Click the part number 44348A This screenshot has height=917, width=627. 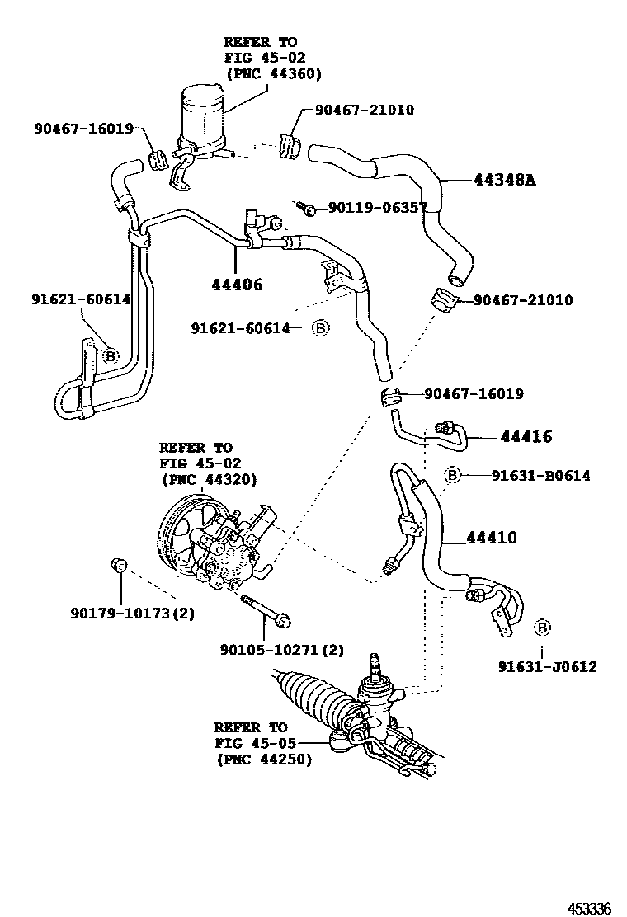pos(503,180)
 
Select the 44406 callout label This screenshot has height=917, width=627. pos(236,285)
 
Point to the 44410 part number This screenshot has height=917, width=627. pos(492,538)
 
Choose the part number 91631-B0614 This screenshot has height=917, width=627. pos(540,476)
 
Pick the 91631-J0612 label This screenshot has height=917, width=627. pos(547,666)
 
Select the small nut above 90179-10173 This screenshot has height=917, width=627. pos(119,565)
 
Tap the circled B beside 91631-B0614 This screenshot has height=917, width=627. pos(452,475)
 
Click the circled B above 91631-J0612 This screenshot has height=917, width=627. pos(542,628)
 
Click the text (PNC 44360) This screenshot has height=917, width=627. pos(272,73)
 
